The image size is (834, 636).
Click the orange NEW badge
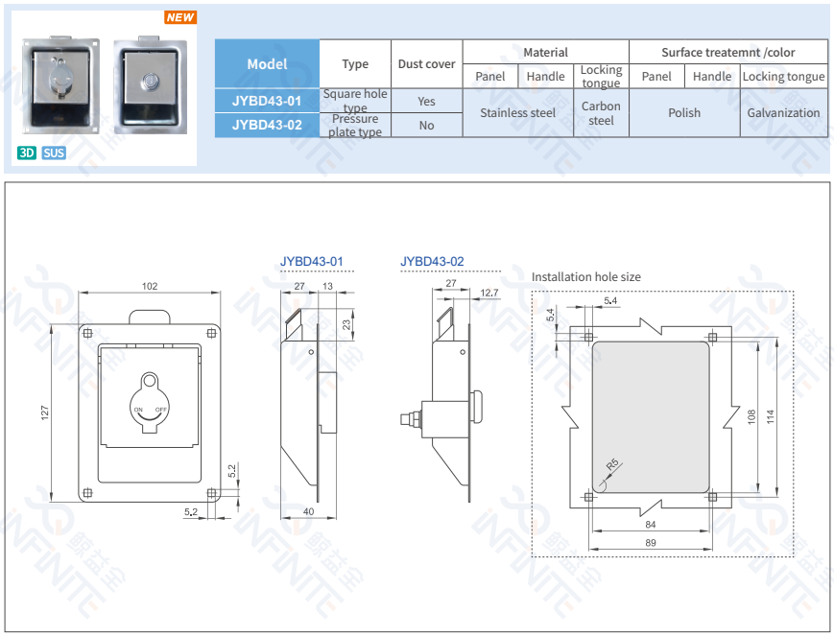(x=180, y=17)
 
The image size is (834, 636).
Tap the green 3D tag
(x=27, y=153)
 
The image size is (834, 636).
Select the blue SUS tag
(x=54, y=153)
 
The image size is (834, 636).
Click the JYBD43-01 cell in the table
(x=267, y=101)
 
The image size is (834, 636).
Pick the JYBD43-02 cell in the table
(x=267, y=125)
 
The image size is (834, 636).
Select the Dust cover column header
(x=426, y=64)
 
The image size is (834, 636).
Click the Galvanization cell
(x=783, y=112)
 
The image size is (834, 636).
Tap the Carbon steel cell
(x=601, y=113)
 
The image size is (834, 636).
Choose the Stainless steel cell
(x=517, y=112)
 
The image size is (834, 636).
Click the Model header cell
(x=267, y=64)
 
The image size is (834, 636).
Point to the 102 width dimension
(x=150, y=286)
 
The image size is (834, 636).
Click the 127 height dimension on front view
(x=45, y=412)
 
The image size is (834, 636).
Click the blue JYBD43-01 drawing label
(x=311, y=261)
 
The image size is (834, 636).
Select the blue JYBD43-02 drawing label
(x=432, y=261)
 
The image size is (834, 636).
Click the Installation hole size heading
(x=585, y=277)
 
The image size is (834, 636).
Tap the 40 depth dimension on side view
(x=307, y=511)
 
